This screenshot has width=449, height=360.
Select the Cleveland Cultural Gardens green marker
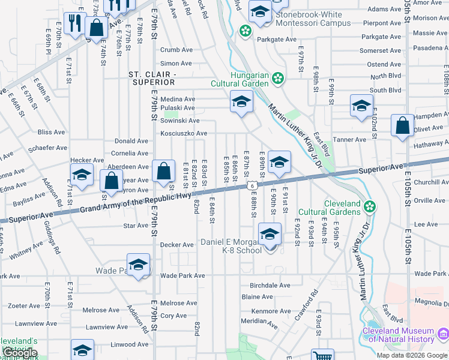(x=370, y=207)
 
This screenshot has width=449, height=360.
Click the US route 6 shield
(x=248, y=187)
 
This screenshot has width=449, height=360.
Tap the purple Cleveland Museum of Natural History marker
(x=443, y=331)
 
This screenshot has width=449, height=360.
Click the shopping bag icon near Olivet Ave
(x=403, y=125)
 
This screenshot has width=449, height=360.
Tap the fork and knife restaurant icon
(x=76, y=23)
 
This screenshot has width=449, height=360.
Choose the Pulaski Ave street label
(x=177, y=108)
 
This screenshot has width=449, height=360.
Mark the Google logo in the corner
(x=21, y=353)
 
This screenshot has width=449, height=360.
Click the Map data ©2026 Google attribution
(x=411, y=355)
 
